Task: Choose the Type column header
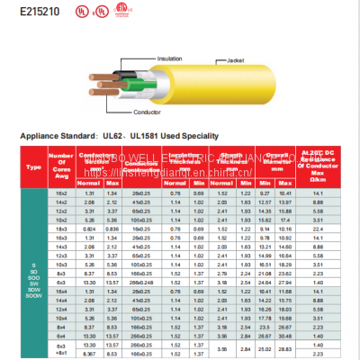[35, 166]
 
